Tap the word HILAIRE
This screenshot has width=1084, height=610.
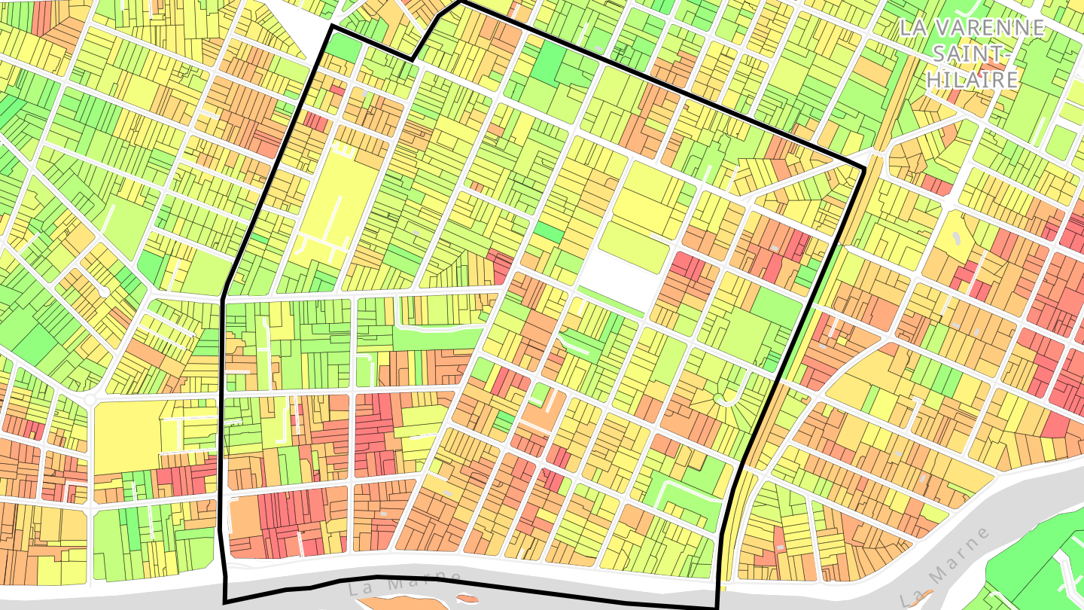coord(972,79)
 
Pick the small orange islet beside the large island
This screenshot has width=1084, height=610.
coord(467,599)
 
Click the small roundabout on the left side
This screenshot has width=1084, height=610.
coord(90,398)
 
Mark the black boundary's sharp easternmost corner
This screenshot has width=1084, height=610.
coord(863,167)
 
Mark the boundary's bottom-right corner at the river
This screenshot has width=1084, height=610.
coord(716,607)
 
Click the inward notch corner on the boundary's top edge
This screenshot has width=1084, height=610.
coord(412,59)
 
